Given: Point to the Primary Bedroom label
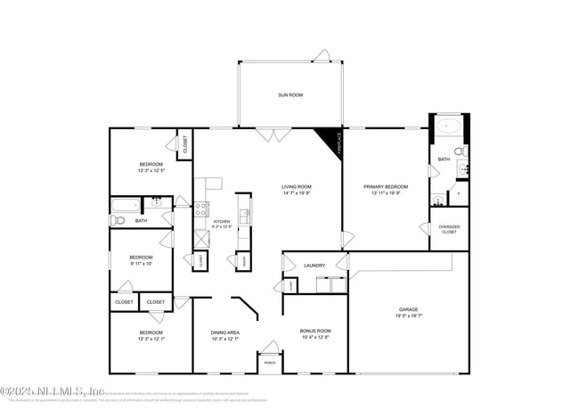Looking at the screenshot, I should (385, 186).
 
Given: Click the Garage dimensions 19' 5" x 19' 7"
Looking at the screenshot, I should (407, 316).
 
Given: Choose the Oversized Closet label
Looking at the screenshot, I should (449, 229).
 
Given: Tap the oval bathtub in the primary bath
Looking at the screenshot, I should (449, 126).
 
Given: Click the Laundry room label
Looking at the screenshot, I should (314, 265).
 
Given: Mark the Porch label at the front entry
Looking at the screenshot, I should (269, 364).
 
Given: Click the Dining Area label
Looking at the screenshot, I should (224, 332).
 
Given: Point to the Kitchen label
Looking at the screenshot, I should (222, 221).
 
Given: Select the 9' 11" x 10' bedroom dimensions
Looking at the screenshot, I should (140, 263).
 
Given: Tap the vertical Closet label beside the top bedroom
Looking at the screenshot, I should (185, 144).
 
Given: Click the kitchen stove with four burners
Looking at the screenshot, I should (202, 209).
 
